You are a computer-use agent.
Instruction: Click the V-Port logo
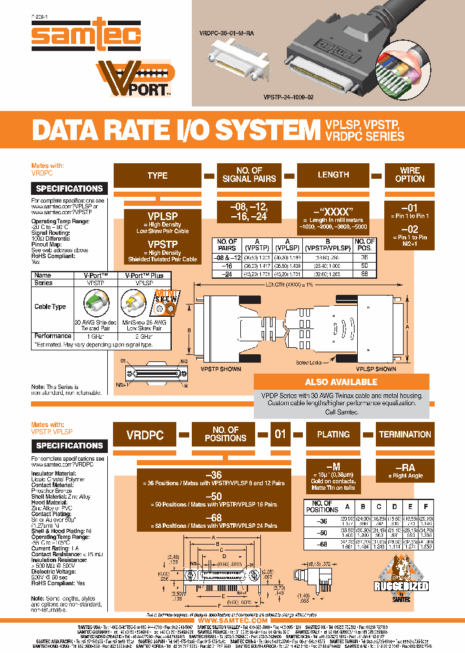point(134,79)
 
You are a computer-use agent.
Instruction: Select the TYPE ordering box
point(157,176)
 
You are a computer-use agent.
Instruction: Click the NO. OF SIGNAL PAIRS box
point(249,175)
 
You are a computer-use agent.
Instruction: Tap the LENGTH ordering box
point(333,175)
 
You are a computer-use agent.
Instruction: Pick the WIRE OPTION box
point(409,175)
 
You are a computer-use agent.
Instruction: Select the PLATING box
point(333,435)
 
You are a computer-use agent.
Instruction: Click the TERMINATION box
point(405,435)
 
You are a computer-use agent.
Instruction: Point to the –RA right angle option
point(404,467)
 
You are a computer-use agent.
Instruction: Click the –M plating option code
point(333,467)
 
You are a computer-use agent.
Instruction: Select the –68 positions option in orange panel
point(213,518)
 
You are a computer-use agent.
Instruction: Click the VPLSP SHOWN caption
point(376,369)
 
